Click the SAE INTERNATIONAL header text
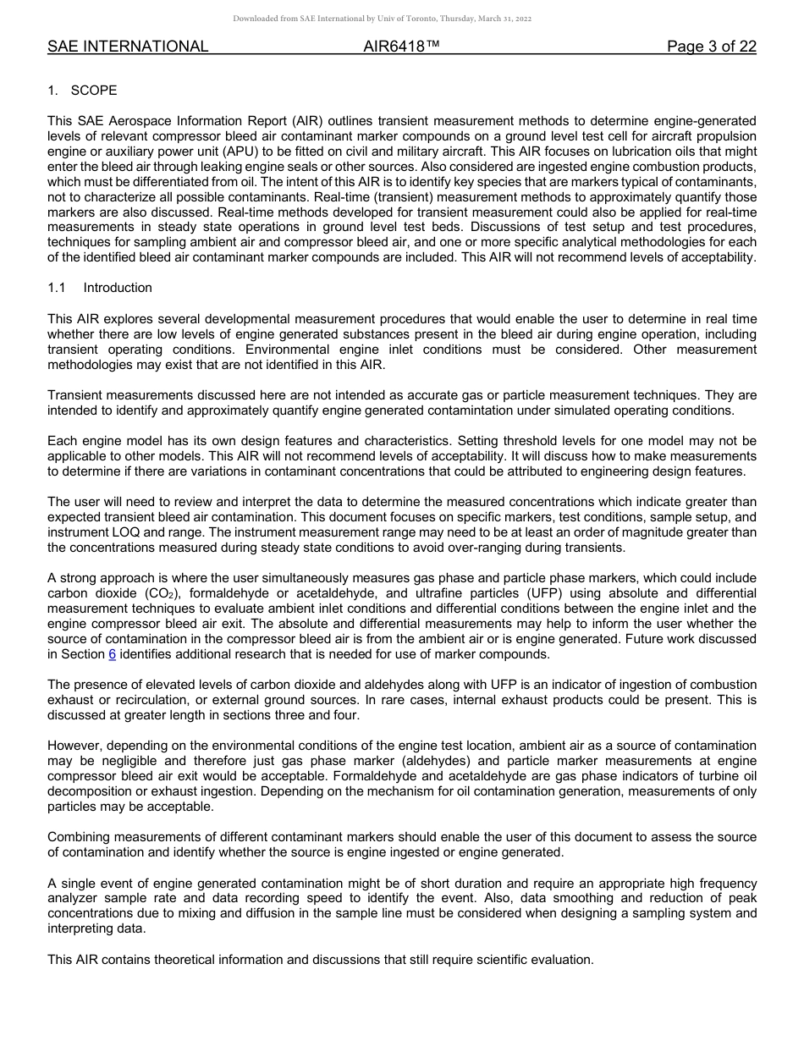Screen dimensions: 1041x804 click(128, 47)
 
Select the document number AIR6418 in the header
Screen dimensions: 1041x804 click(401, 47)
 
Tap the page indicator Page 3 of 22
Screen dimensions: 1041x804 click(711, 47)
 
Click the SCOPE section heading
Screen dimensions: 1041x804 click(94, 91)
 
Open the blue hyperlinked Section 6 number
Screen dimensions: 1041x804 click(113, 654)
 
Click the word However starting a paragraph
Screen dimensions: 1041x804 click(75, 746)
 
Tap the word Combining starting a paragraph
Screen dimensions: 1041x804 click(81, 837)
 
